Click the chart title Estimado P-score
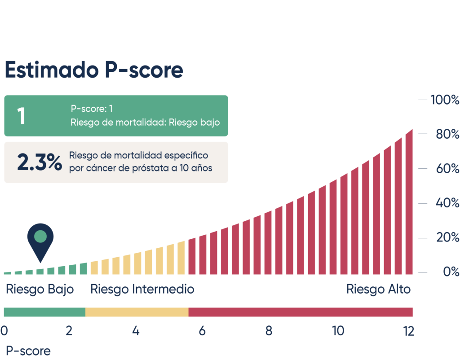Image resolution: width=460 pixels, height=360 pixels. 93,70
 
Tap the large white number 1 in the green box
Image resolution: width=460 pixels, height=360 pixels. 21,116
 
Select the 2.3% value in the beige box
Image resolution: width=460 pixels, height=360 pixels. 40,162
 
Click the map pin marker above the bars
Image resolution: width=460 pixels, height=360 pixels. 40,240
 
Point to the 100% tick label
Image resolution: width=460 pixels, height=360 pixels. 445,100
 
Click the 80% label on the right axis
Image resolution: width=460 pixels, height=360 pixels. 447,134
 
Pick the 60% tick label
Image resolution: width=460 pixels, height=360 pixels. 447,169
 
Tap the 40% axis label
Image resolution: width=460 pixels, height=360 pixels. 447,203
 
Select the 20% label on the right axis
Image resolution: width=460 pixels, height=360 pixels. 447,237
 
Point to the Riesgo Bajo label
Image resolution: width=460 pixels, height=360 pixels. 40,290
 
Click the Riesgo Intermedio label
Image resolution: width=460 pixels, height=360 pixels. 142,290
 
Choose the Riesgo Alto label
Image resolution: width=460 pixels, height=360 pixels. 378,290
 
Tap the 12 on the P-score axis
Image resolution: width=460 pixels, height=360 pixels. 408,331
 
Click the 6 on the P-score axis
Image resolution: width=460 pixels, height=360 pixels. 202,331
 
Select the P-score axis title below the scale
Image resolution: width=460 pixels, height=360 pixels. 28,351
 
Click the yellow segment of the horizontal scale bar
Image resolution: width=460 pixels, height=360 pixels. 137,312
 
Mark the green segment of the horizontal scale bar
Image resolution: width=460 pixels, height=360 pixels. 44,312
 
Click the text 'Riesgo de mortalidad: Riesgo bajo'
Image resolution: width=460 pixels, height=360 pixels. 145,122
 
